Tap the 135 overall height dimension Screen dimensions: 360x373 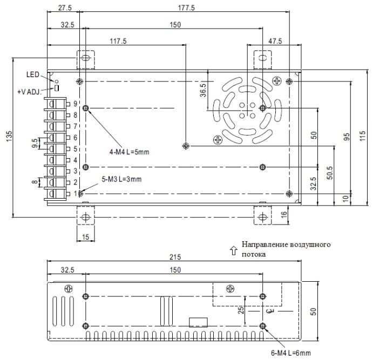(x=8, y=138)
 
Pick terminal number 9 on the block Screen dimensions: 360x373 (x=76, y=103)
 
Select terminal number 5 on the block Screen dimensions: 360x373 (x=76, y=148)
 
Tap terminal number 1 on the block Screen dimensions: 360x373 (x=76, y=193)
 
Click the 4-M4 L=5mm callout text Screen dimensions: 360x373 (x=129, y=152)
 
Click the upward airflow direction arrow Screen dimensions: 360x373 (x=233, y=249)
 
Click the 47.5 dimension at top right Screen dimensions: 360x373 (x=276, y=40)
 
